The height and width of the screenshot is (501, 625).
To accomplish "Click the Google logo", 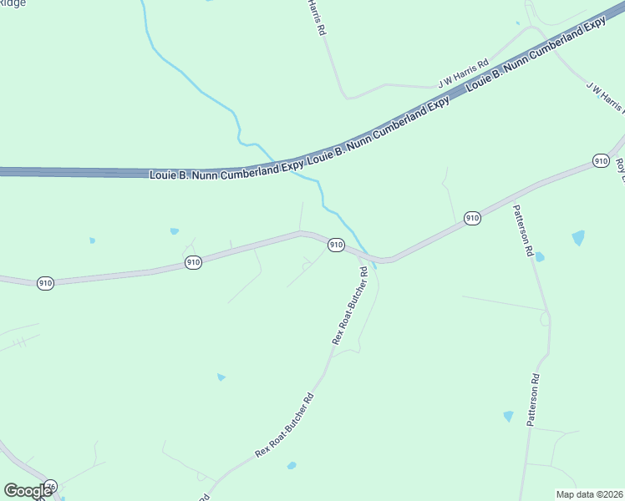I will [x=28, y=491].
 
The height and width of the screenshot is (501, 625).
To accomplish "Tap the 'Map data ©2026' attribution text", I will [x=589, y=494].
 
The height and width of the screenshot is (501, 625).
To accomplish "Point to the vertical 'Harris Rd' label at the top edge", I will [x=316, y=17].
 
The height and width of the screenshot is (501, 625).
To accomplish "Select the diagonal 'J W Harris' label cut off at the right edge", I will [x=604, y=98].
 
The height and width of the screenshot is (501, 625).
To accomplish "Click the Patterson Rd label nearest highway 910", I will [x=526, y=230].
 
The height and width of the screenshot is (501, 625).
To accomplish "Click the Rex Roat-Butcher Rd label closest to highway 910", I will [x=350, y=306].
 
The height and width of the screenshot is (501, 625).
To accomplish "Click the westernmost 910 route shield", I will [x=46, y=283].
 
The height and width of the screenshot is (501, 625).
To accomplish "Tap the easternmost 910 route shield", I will [x=600, y=160].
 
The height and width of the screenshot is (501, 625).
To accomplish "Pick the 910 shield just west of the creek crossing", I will [x=335, y=245].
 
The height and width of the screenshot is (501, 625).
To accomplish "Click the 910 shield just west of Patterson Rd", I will [x=472, y=218].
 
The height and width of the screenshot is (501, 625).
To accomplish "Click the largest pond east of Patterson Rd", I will [x=578, y=238].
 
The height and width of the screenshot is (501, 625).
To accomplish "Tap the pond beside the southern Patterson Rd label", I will [x=508, y=416].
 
